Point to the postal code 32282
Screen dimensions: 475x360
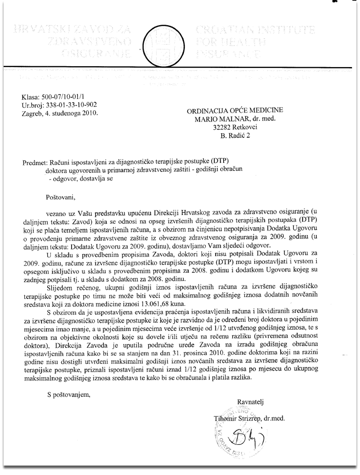(x=223, y=127)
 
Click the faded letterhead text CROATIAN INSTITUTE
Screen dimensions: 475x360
(x=254, y=31)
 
